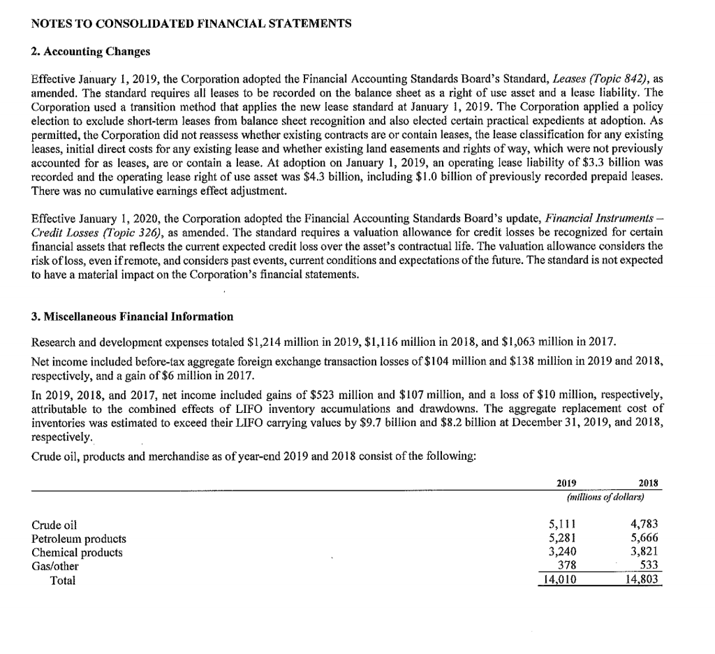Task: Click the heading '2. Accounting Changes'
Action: (x=91, y=52)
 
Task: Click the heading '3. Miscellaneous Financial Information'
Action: (x=133, y=317)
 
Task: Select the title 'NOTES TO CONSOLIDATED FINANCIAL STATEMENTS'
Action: (x=191, y=23)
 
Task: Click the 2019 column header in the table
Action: (x=566, y=483)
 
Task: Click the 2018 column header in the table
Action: (x=649, y=483)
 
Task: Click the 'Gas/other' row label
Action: (x=55, y=566)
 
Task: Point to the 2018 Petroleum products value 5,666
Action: (x=644, y=539)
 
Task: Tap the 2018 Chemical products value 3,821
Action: (x=644, y=552)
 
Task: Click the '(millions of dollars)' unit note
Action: (x=603, y=497)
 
